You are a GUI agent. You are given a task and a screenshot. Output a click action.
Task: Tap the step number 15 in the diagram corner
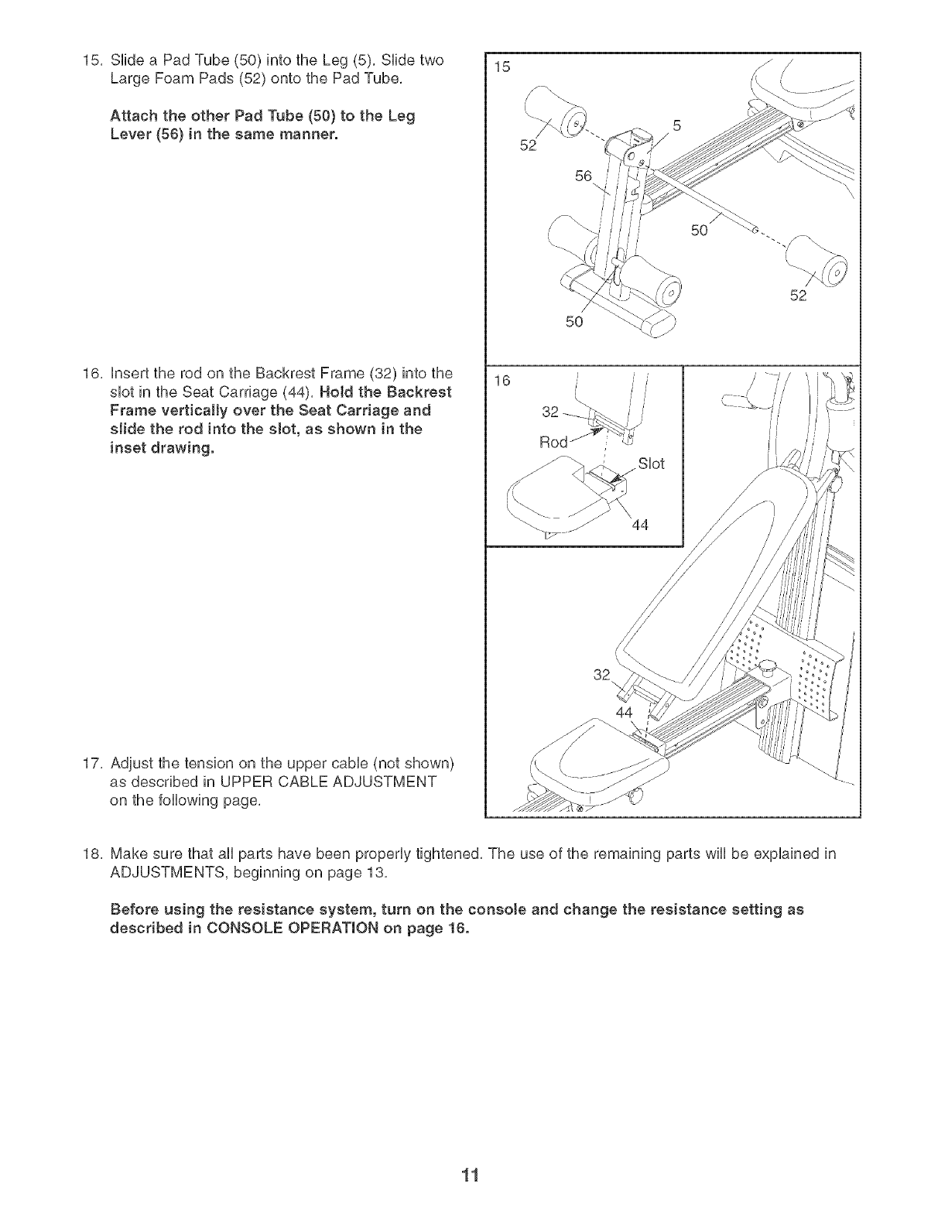[502, 67]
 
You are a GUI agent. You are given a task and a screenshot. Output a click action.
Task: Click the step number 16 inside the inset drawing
[502, 382]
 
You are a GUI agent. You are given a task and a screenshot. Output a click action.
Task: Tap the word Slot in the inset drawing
[651, 464]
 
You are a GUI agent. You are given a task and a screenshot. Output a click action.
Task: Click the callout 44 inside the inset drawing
[639, 526]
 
